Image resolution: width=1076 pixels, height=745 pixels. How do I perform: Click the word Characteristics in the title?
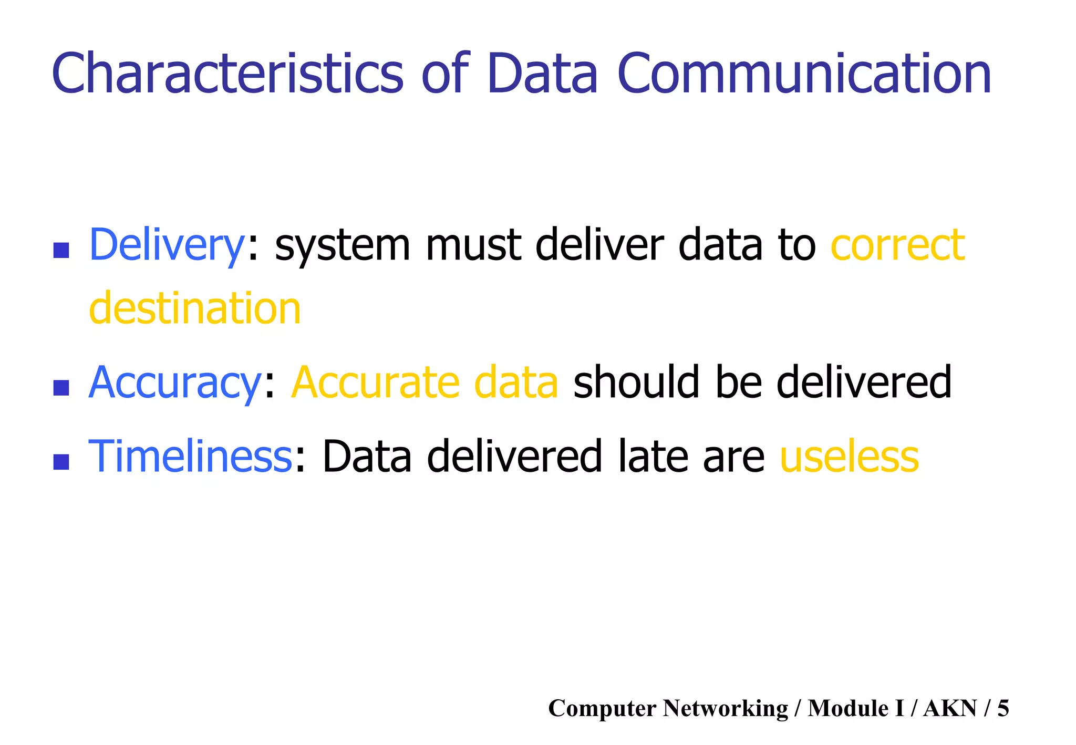[227, 74]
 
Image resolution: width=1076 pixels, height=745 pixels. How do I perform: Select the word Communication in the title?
[804, 74]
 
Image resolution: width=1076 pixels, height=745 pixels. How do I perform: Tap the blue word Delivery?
[167, 245]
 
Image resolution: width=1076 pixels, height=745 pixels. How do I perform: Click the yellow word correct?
[897, 245]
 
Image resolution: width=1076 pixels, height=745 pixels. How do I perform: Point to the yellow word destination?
[195, 308]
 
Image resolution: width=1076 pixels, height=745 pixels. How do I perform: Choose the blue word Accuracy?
[175, 382]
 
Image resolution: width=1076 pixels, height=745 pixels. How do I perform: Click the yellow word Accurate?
[375, 382]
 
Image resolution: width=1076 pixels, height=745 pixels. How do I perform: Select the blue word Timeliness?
[190, 456]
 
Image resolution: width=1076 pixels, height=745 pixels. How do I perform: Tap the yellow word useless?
[850, 456]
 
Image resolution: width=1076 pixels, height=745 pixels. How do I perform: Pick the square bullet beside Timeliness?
[61, 462]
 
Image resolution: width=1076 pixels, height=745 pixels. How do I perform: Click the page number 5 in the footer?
[1003, 708]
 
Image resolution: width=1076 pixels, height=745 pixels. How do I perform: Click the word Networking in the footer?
[726, 708]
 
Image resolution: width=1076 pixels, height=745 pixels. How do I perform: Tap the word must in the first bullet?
[473, 245]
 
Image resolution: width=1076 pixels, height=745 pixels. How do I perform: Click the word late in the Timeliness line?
[653, 456]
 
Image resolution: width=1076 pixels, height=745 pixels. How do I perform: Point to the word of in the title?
[444, 74]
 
